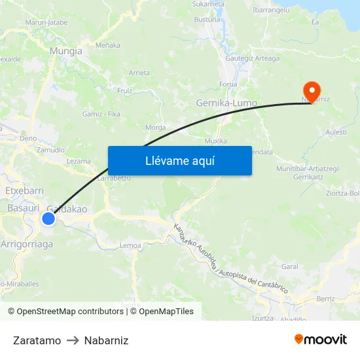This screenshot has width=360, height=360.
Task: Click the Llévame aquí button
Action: (x=179, y=160)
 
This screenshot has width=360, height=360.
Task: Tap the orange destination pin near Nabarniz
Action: (x=310, y=90)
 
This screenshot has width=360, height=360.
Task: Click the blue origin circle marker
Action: (x=48, y=219)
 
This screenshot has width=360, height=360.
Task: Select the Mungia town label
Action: (x=66, y=50)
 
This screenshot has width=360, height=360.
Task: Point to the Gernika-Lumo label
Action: (x=226, y=103)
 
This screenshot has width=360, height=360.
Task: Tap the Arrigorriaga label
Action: (x=27, y=243)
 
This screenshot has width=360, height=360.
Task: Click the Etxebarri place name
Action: (x=24, y=190)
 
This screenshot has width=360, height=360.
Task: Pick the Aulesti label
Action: (x=336, y=132)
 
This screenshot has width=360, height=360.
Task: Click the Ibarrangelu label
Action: (x=272, y=11)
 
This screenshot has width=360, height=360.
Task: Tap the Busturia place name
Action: (x=207, y=20)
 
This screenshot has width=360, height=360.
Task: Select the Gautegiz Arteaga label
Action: (x=252, y=58)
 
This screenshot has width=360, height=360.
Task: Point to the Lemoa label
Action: (x=131, y=245)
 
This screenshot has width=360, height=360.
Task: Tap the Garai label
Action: (x=289, y=266)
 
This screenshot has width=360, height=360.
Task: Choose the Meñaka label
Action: (x=108, y=45)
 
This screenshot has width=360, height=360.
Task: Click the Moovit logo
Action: (x=321, y=339)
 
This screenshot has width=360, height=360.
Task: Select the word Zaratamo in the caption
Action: (x=37, y=340)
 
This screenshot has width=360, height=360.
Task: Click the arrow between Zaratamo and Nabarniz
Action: (x=73, y=340)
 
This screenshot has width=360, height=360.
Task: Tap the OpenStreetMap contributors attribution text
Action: (x=67, y=312)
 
